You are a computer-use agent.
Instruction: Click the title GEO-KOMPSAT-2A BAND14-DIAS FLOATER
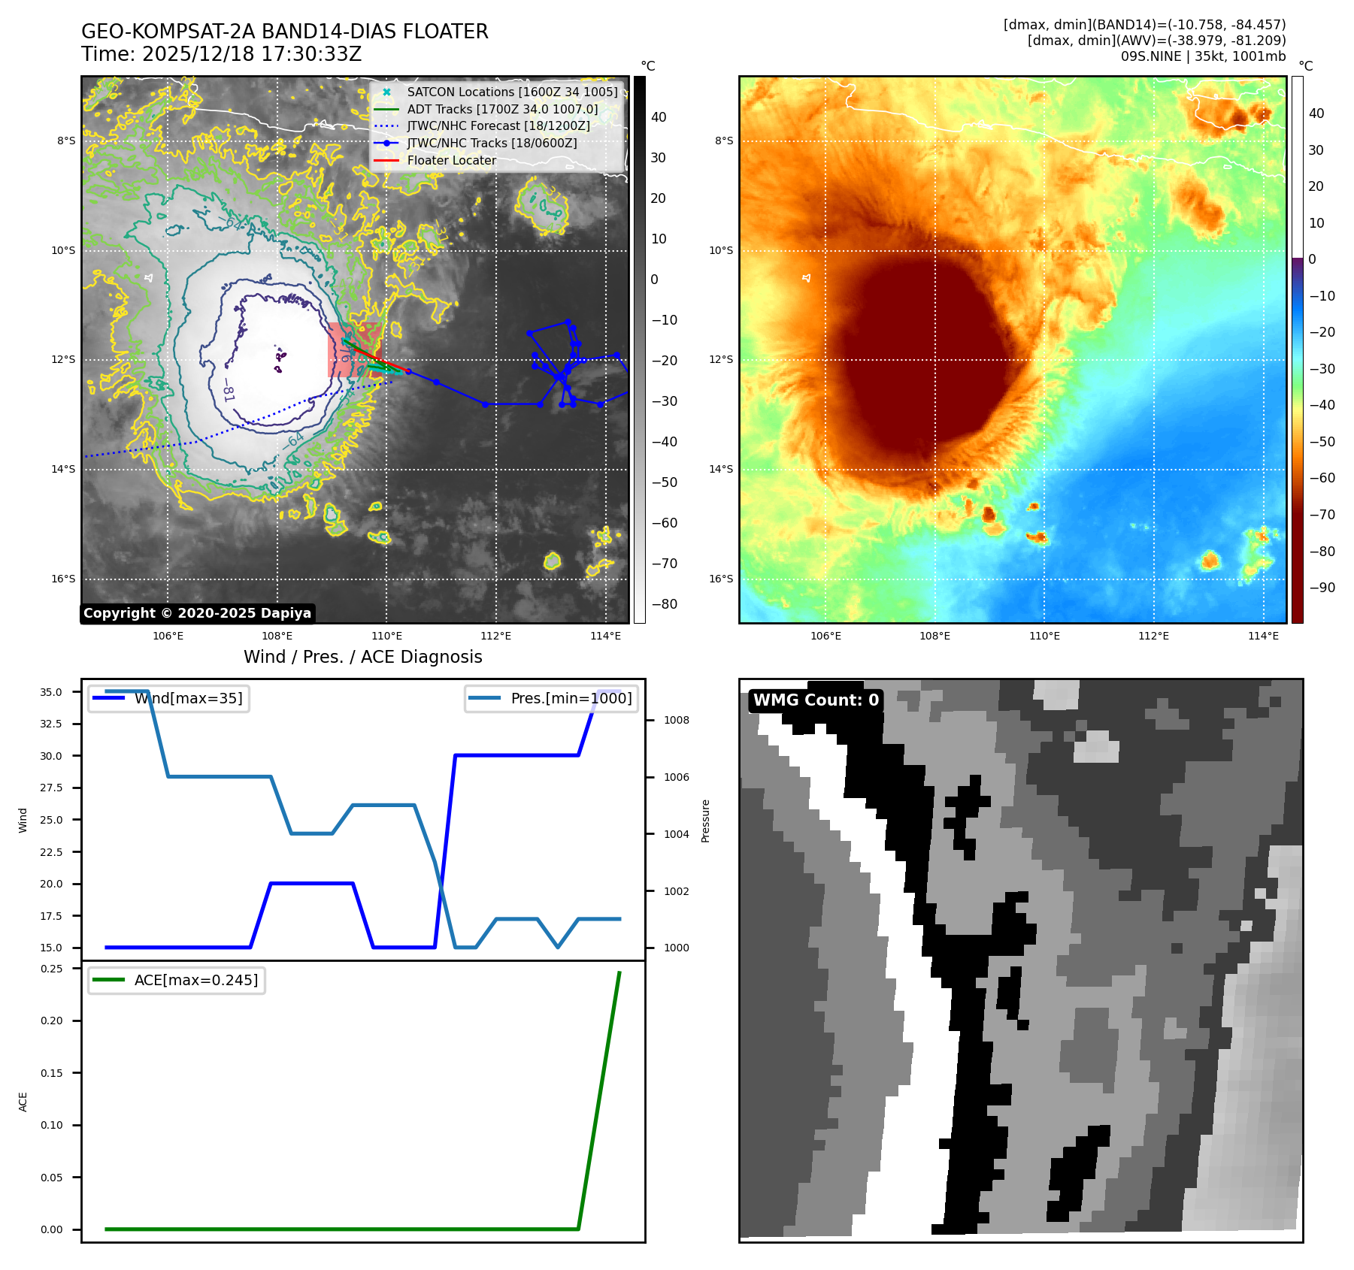point(284,32)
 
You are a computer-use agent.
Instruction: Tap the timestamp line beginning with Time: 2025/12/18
point(221,54)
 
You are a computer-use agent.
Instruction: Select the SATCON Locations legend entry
point(511,92)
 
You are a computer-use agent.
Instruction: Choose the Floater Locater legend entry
point(451,160)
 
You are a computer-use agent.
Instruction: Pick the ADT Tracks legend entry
point(502,109)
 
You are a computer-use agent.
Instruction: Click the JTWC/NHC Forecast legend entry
point(498,125)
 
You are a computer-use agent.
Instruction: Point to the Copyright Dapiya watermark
point(197,613)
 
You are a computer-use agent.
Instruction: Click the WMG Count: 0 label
point(816,700)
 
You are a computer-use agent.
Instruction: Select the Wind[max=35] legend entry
point(188,698)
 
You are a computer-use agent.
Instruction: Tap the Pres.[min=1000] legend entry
point(571,698)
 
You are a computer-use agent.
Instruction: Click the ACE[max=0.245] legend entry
point(195,980)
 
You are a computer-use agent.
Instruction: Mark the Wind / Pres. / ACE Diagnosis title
point(362,657)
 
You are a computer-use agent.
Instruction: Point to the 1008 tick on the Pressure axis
point(676,720)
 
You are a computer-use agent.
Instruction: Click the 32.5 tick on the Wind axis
point(51,724)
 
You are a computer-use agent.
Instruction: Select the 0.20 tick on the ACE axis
point(51,1021)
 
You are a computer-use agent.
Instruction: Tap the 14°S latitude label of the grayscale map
point(63,470)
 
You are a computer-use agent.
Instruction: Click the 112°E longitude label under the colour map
point(1153,636)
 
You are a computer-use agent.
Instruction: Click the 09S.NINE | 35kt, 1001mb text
point(1203,56)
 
